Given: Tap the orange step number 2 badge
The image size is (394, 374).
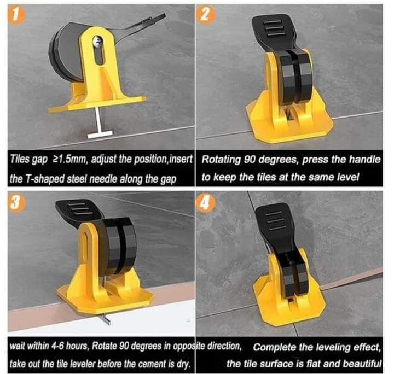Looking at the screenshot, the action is pyautogui.click(x=205, y=15).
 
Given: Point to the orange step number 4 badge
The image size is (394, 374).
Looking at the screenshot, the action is pyautogui.click(x=205, y=202).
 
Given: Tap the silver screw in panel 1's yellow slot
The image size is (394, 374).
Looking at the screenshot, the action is pyautogui.click(x=97, y=41).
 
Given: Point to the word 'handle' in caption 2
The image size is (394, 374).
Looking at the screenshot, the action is pyautogui.click(x=366, y=159).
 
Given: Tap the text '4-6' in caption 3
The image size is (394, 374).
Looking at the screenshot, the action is pyautogui.click(x=57, y=346).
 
